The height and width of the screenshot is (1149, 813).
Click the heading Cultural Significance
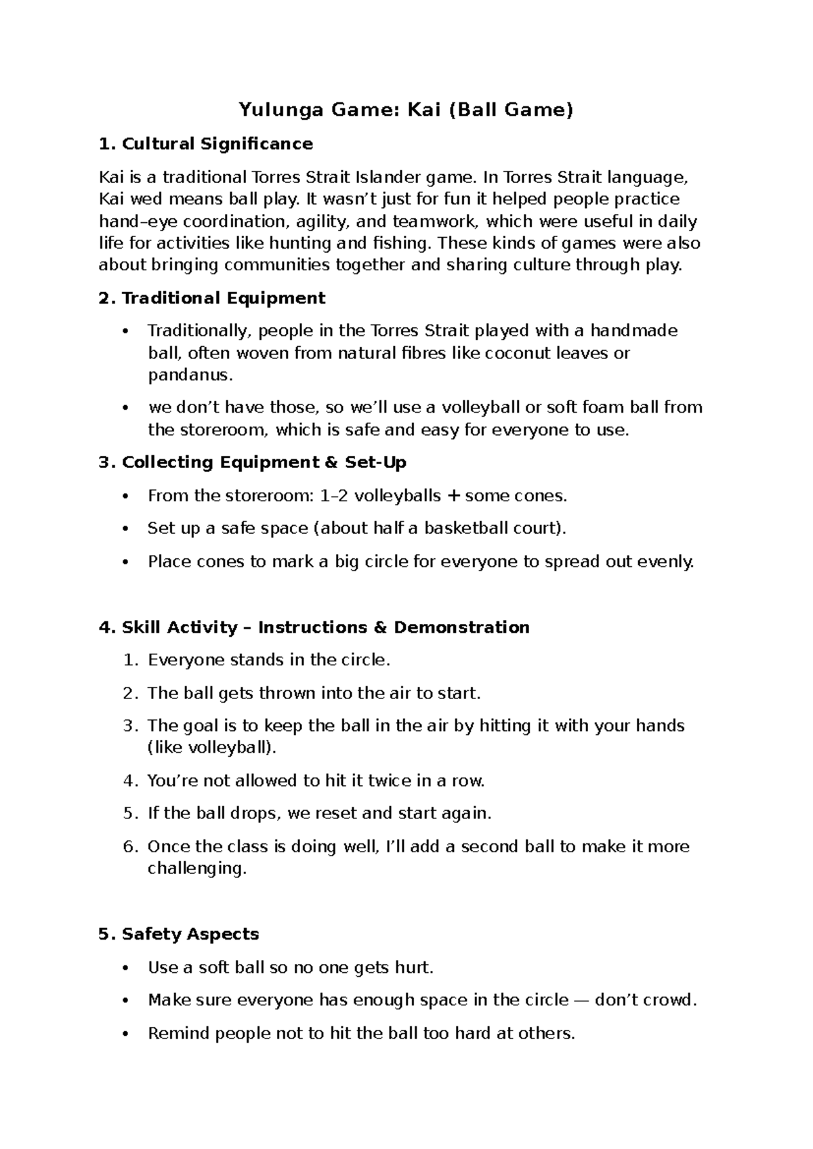217,144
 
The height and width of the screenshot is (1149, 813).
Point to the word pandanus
190,375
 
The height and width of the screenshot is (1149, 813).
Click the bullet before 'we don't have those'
124,409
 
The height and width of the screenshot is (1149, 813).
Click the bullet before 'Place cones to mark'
124,562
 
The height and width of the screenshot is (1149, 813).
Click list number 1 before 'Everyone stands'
130,661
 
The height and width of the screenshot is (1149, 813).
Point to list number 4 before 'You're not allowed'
130,781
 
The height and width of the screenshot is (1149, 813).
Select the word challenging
197,869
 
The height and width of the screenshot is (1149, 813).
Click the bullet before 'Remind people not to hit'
124,1035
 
